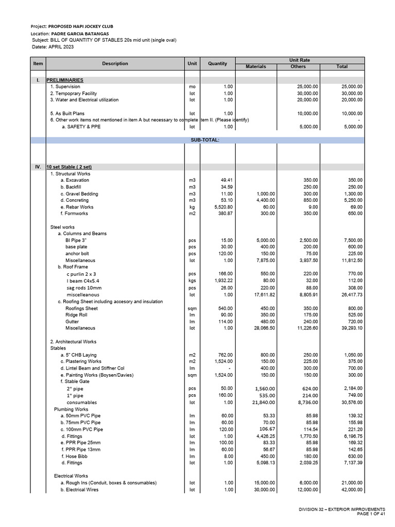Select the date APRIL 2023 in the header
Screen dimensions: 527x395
[x=61, y=47]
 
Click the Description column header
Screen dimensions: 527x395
[x=115, y=63]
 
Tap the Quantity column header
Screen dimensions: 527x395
[x=218, y=63]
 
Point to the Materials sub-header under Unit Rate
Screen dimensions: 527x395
[x=256, y=67]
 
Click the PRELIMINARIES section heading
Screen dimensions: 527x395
[x=65, y=80]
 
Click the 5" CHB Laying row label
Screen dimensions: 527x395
[x=78, y=355]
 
